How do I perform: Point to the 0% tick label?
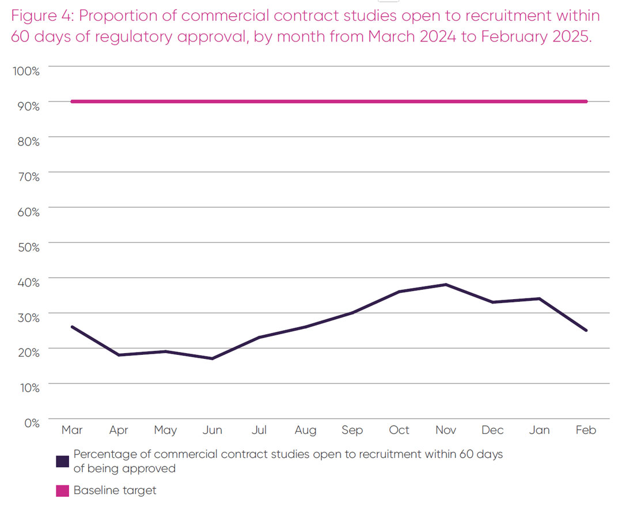(x=31, y=423)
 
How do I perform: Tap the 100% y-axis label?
(x=26, y=71)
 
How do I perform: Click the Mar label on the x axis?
(x=72, y=430)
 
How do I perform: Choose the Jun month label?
(x=213, y=430)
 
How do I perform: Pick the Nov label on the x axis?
(x=446, y=430)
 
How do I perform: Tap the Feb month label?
(x=586, y=430)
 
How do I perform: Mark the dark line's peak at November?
(x=446, y=285)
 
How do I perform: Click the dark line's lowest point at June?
(x=213, y=358)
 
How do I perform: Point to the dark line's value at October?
(x=399, y=292)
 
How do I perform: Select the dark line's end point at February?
(x=586, y=330)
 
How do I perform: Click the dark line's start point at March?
(x=72, y=327)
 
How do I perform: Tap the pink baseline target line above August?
(x=305, y=102)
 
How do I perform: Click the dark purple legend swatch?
(x=63, y=461)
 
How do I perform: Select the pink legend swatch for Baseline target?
(x=63, y=491)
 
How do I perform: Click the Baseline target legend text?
(x=115, y=491)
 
